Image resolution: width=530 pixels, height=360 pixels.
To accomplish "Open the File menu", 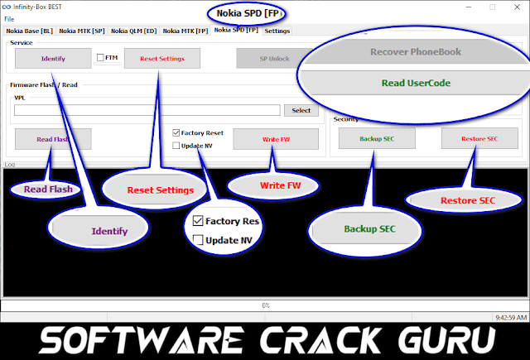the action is (9, 19).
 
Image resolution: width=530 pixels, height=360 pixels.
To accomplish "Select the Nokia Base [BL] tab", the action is (29, 31).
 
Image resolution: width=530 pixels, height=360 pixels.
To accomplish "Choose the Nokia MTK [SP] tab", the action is (82, 31).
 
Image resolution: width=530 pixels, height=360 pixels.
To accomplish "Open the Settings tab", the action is (277, 31).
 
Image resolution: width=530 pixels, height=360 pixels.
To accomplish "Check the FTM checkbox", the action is (100, 58).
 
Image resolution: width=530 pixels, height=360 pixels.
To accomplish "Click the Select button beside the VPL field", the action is (301, 110).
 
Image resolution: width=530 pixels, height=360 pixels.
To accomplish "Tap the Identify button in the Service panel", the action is (53, 59).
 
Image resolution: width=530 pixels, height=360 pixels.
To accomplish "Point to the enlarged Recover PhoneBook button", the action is (416, 52).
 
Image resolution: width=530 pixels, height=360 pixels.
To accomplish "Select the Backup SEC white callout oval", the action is (359, 228).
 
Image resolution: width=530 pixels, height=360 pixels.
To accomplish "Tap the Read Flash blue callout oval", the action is (47, 189).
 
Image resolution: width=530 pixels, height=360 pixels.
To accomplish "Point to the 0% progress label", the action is (265, 305).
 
